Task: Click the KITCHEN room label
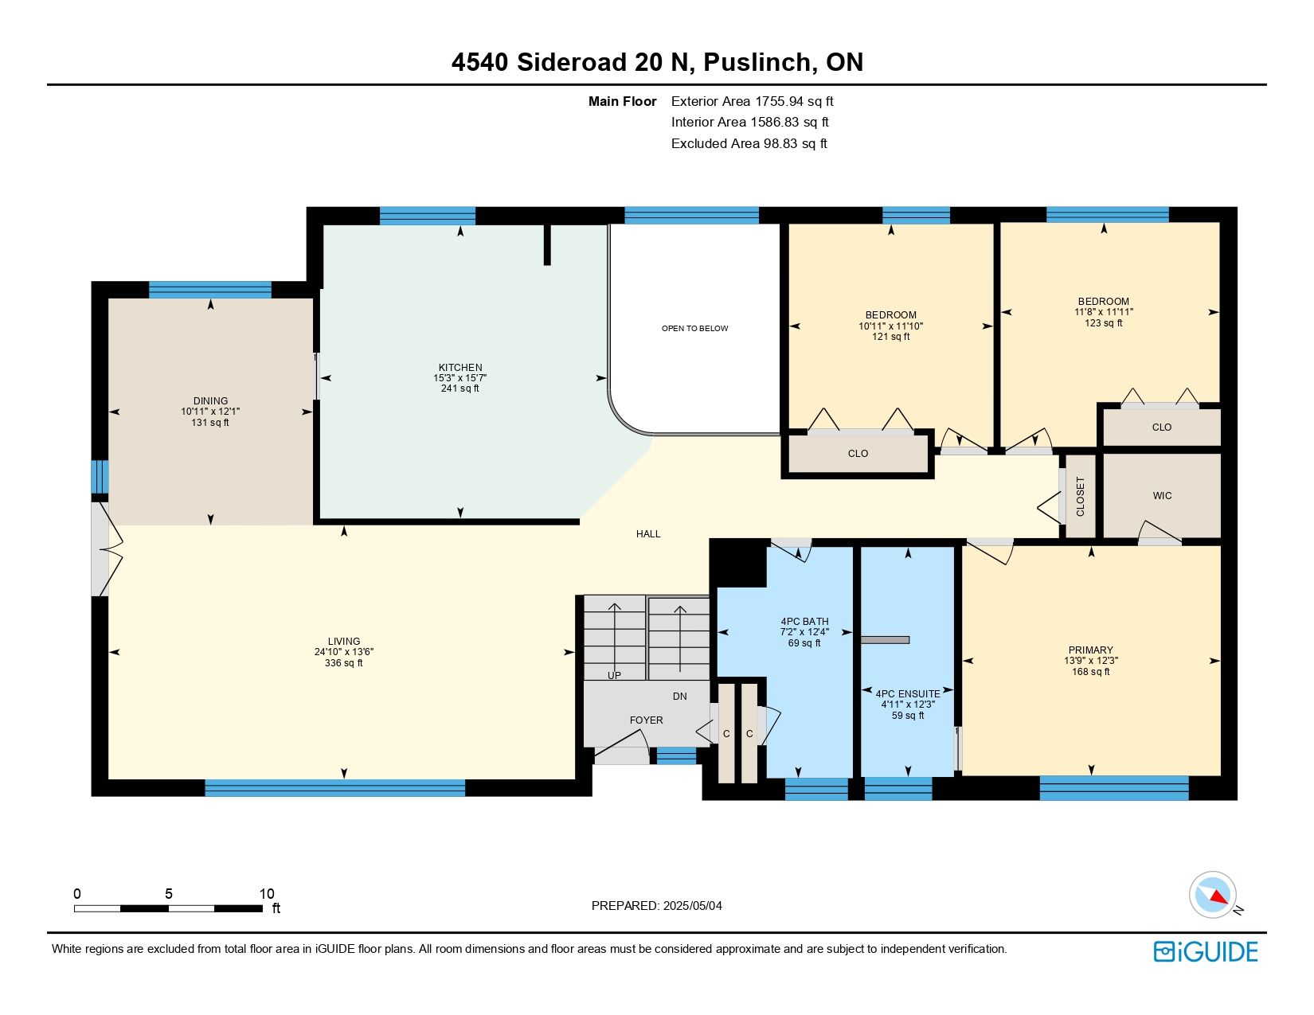pyautogui.click(x=460, y=368)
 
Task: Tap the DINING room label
pyautogui.click(x=210, y=400)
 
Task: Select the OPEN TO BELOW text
pyautogui.click(x=694, y=328)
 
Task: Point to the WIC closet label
pyautogui.click(x=1162, y=496)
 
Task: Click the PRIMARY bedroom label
pyautogui.click(x=1091, y=650)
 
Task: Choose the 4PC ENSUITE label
pyautogui.click(x=908, y=694)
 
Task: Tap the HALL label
pyautogui.click(x=648, y=534)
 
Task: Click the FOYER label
pyautogui.click(x=647, y=720)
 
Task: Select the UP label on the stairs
pyautogui.click(x=614, y=675)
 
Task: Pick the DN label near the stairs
pyautogui.click(x=679, y=697)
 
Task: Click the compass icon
pyautogui.click(x=1213, y=895)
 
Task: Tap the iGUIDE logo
pyautogui.click(x=1206, y=951)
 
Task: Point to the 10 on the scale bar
pyautogui.click(x=267, y=893)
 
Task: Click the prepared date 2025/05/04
pyautogui.click(x=692, y=906)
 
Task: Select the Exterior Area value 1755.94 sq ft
pyautogui.click(x=794, y=102)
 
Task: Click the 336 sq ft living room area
pyautogui.click(x=343, y=663)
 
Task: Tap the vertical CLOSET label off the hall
pyautogui.click(x=1081, y=497)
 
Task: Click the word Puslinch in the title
pyautogui.click(x=757, y=62)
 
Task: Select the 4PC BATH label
pyautogui.click(x=804, y=622)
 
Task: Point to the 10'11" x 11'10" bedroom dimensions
pyautogui.click(x=890, y=326)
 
